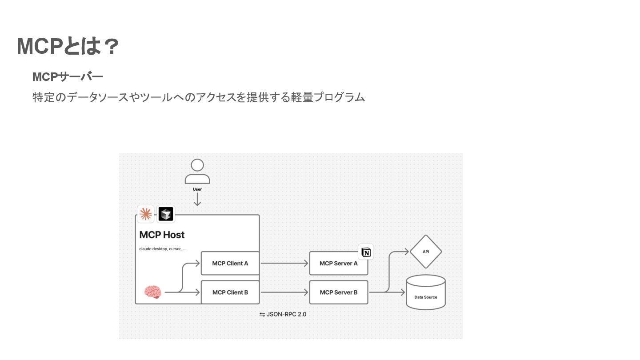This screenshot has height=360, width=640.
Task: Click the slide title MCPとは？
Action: [x=68, y=47]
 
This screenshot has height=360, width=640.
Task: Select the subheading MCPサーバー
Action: [x=68, y=77]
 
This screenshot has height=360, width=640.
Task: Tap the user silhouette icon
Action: [x=197, y=172]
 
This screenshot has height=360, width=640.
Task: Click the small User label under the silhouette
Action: [x=197, y=189]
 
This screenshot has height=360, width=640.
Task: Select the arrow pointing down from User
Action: [x=197, y=200]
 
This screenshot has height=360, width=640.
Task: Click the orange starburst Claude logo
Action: [x=145, y=214]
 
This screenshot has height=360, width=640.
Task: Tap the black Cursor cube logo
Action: [x=166, y=214]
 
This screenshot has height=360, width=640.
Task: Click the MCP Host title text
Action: [x=162, y=235]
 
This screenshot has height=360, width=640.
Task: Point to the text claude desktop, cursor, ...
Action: [x=162, y=249]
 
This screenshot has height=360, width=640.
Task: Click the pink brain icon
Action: [x=152, y=292]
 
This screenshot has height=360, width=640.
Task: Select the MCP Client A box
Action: [x=230, y=263]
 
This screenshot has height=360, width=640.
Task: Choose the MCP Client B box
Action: [x=230, y=292]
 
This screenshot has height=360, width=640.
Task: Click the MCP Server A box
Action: [x=339, y=263]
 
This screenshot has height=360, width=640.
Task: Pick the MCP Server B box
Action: [x=339, y=292]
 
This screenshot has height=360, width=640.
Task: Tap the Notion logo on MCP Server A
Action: [x=366, y=252]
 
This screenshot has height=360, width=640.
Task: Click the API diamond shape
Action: [x=426, y=252]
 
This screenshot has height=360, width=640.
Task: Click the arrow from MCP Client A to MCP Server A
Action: [x=284, y=263]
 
